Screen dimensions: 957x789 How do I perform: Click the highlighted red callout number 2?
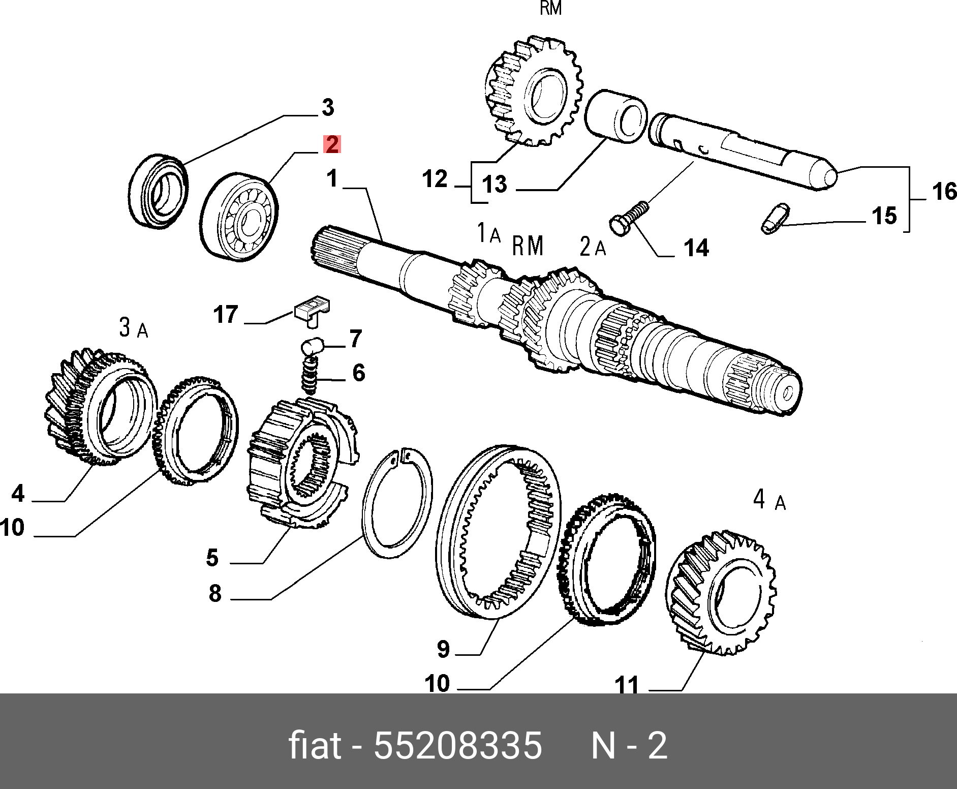331,145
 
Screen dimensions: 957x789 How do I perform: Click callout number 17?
226,315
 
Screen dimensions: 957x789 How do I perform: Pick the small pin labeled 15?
776,219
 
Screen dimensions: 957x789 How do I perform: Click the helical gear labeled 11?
721,592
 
